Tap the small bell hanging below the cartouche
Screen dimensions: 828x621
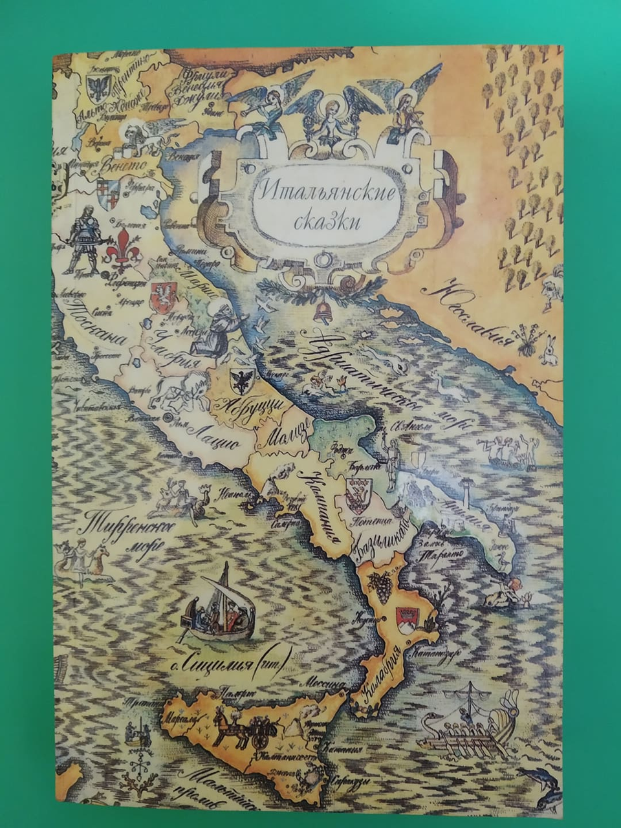click(x=320, y=312)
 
